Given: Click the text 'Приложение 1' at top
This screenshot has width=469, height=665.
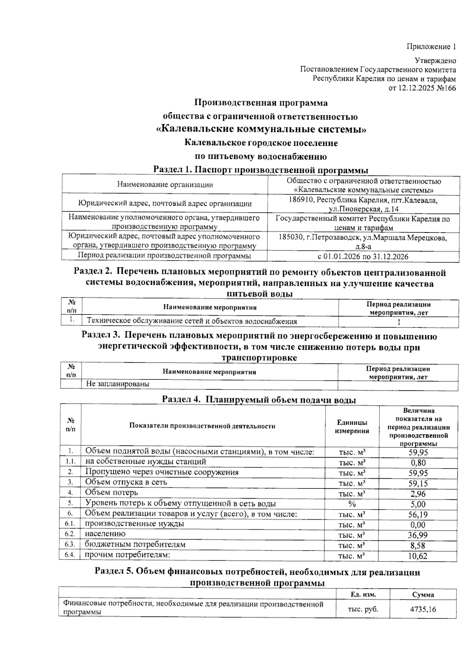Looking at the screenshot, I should coord(431,47).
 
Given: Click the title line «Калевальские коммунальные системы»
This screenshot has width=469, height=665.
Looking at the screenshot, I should coord(261,129).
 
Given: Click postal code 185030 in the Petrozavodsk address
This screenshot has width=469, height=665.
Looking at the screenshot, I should coord(291,238).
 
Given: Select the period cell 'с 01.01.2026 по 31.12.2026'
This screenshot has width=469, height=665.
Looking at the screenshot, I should coord(363,256).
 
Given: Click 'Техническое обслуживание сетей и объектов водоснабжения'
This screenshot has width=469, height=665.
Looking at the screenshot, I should coord(192,322).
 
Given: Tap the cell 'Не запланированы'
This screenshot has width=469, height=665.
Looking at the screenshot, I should coord(118,384).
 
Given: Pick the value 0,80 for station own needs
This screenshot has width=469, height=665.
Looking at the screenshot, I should coord(418,463).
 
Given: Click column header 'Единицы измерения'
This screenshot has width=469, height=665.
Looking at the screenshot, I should coord(352,427).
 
